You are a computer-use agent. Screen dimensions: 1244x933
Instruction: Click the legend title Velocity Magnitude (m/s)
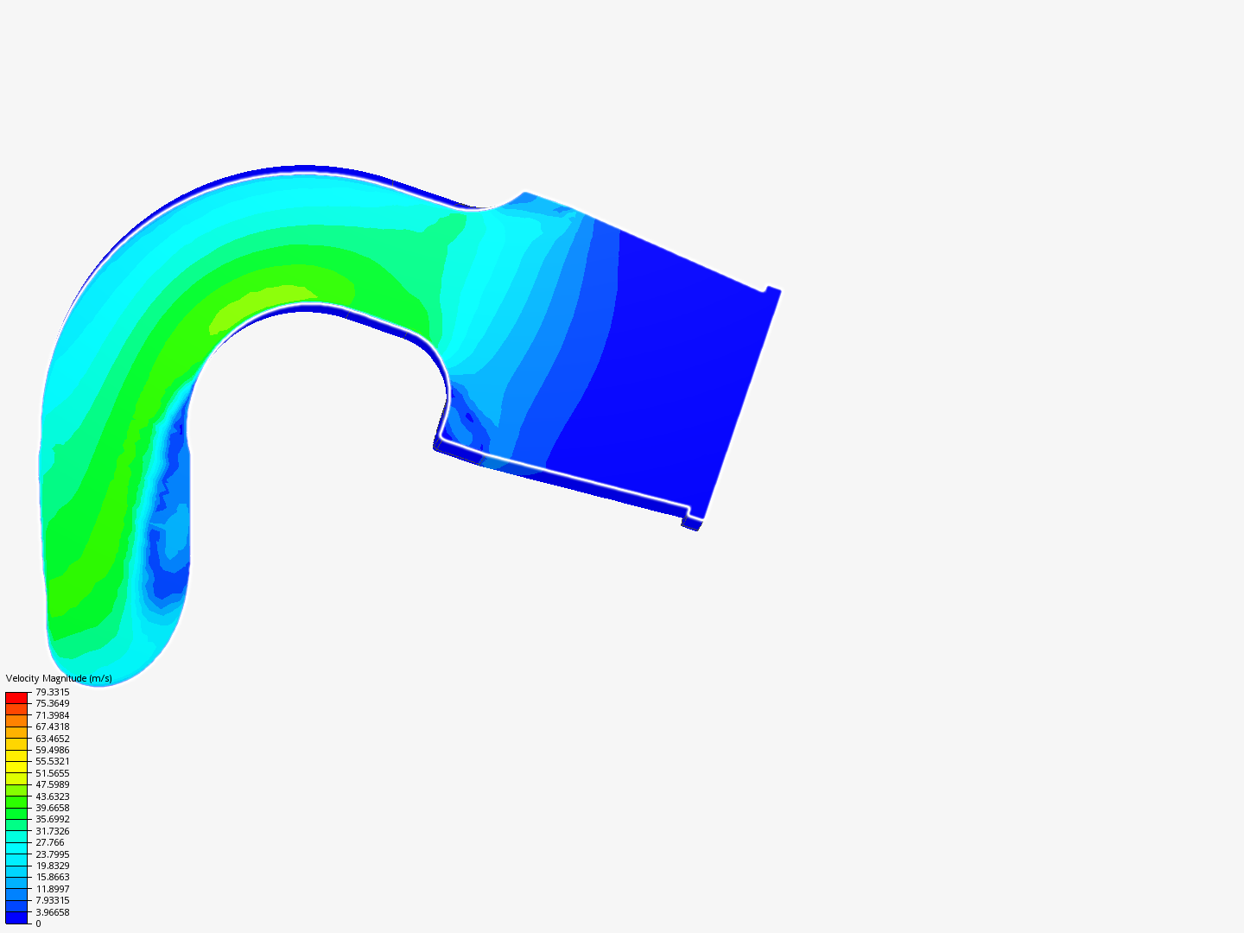click(59, 678)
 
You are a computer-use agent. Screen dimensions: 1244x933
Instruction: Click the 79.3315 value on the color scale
click(52, 692)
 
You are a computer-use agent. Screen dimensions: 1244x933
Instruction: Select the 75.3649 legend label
click(52, 703)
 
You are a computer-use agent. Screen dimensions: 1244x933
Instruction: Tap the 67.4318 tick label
click(52, 727)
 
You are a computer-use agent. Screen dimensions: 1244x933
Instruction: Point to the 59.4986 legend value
click(52, 750)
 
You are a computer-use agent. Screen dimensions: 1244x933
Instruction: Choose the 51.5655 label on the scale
click(52, 773)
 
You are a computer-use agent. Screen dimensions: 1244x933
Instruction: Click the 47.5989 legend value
click(52, 784)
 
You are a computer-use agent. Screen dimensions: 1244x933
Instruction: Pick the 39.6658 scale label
click(52, 808)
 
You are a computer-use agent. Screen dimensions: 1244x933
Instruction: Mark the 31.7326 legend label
click(52, 831)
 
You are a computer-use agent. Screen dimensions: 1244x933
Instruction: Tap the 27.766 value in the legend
click(50, 842)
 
